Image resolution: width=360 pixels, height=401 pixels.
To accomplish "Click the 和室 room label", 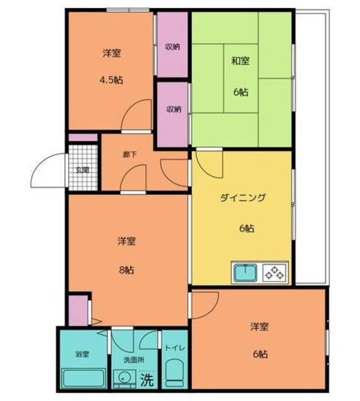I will [240, 61].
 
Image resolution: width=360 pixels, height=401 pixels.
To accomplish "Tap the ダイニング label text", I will [243, 198].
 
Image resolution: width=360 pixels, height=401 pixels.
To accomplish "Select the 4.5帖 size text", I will [111, 80].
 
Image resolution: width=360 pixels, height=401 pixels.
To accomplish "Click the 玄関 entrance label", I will [83, 170].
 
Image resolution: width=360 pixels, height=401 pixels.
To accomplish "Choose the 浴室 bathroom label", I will [82, 354].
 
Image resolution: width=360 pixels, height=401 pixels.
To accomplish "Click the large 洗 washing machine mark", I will [146, 379].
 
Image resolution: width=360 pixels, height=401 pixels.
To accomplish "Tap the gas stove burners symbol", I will [275, 273].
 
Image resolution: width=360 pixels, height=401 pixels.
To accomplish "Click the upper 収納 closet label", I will [173, 47].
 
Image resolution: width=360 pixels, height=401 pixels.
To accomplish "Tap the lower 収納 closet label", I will [174, 109].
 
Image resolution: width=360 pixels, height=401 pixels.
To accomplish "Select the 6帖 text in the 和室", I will [241, 92].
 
